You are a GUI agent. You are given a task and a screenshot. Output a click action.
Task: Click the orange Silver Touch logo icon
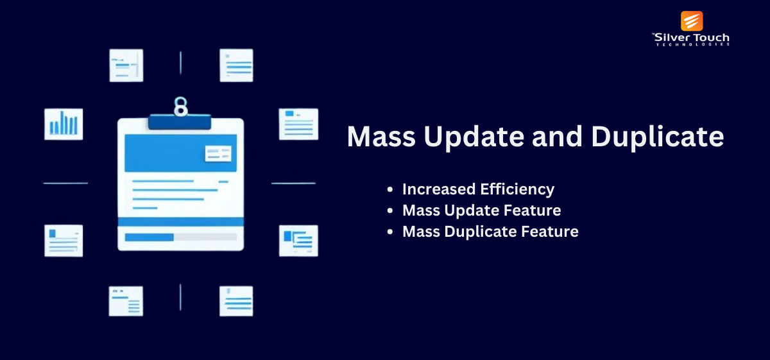click(x=692, y=21)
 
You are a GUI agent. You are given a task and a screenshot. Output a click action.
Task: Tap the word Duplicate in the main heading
click(x=657, y=137)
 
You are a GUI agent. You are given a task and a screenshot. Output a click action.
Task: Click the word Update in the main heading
click(x=474, y=137)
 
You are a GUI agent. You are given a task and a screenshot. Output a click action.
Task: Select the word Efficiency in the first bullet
click(x=517, y=190)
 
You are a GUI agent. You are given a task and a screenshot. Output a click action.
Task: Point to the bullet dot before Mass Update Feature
click(x=390, y=210)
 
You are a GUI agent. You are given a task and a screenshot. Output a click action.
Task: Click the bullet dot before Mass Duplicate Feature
click(x=390, y=232)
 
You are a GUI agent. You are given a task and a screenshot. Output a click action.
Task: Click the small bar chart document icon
click(x=64, y=124)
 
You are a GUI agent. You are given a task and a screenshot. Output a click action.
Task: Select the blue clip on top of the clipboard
click(x=180, y=122)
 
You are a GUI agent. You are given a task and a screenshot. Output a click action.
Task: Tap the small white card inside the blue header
click(x=218, y=154)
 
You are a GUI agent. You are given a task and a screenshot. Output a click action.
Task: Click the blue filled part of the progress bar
click(x=149, y=237)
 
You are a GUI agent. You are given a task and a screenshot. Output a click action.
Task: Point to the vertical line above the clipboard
click(x=180, y=63)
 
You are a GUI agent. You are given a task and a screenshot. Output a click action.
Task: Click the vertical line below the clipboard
click(x=180, y=297)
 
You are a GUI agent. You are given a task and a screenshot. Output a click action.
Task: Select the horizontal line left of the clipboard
click(x=65, y=184)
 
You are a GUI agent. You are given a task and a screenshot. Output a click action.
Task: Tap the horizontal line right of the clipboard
click(x=294, y=184)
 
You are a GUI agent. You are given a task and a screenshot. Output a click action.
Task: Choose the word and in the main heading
click(x=557, y=137)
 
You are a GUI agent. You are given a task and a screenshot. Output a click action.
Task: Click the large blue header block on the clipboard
click(x=180, y=153)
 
